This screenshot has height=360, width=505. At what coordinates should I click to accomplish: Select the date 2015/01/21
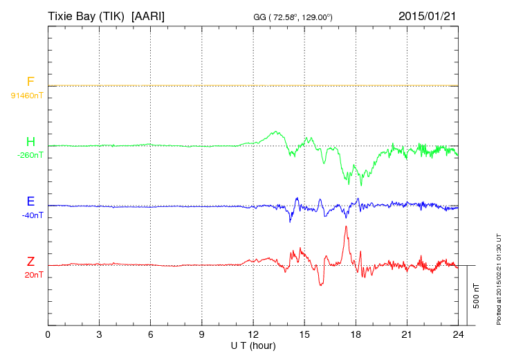pos(428,15)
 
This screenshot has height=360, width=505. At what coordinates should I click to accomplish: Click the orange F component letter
pos(30,82)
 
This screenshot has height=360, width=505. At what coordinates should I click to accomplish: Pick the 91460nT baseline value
pos(26,95)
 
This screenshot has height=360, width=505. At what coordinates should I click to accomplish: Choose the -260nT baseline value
pos(30,155)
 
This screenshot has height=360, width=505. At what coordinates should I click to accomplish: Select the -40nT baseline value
pos(32,215)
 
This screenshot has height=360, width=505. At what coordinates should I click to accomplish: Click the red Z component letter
pos(30,262)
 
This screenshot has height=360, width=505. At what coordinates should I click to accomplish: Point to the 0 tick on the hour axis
pos(48,334)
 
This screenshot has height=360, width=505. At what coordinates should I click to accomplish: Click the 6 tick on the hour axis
pos(151,334)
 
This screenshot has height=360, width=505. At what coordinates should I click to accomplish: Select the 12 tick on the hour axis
pos(253,334)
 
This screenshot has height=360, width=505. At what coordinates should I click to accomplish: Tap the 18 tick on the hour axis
pos(356,334)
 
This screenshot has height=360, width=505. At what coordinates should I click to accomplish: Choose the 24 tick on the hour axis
pos(458,334)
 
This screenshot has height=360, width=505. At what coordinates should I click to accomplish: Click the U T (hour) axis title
pos(253,345)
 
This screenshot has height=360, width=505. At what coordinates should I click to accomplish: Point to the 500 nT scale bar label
pos(477,296)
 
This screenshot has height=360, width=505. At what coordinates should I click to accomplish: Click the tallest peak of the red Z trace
pos(346,227)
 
